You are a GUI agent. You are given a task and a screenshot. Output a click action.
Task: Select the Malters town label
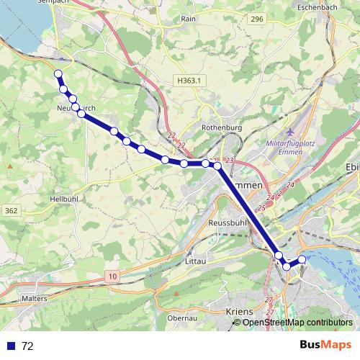[34, 297]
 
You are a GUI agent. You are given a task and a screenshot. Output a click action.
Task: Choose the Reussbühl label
[228, 223]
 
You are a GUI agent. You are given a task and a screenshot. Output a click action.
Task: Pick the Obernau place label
[181, 318]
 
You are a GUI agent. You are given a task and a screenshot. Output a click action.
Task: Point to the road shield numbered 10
[113, 276]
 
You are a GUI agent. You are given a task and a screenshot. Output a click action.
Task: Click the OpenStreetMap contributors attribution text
[297, 323]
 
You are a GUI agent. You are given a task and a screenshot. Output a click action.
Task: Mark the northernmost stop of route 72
[58, 73]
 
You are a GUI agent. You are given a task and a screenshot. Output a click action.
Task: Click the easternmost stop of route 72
[302, 259]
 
